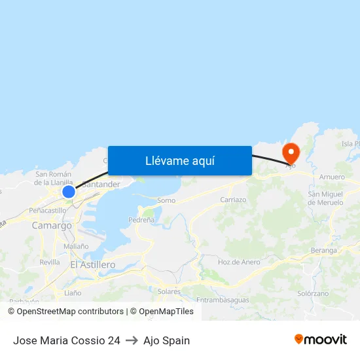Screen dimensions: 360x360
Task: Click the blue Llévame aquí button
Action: pos(180,160)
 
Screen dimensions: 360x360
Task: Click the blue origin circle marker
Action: pos(69,192)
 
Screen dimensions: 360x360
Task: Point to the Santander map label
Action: pos(101,185)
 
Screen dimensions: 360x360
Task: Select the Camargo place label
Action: pos(52,225)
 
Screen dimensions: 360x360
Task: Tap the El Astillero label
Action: pos(92,264)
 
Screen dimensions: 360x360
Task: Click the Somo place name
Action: pos(166,200)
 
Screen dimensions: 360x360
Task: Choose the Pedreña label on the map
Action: pos(141,221)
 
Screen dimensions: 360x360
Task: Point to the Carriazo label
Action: pos(233,200)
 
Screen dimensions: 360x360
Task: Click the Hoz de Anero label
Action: pos(238,262)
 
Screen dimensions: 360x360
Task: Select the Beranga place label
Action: pos(324,250)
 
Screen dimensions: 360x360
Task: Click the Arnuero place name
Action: pos(331,177)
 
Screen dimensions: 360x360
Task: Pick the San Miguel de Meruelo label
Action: pos(325,198)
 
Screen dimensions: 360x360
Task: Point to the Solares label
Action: pos(169,291)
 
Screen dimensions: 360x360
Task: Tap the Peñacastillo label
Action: pos(47,211)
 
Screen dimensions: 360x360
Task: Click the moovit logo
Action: pos(321,340)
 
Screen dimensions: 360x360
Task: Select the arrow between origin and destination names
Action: pos(131,340)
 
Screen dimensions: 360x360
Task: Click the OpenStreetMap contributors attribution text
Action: pos(70,312)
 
